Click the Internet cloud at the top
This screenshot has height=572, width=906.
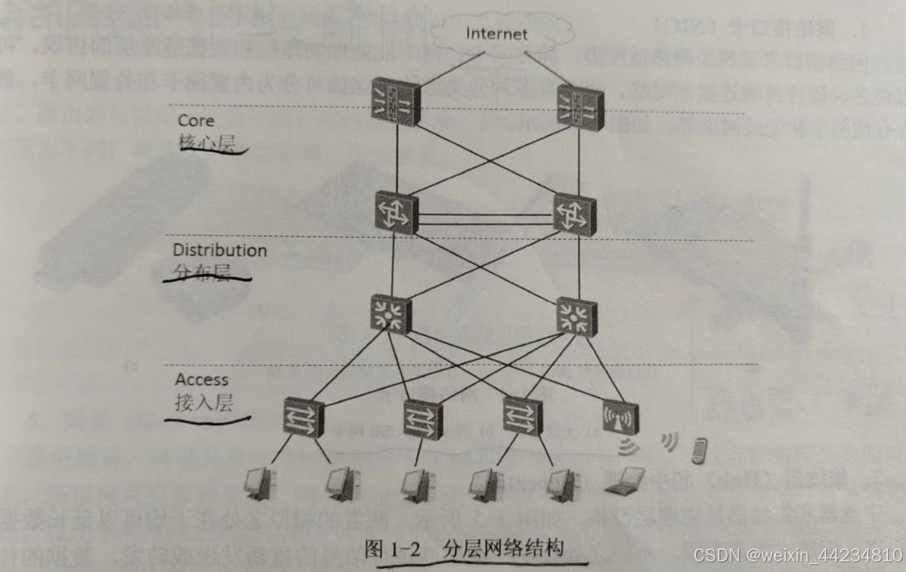pyautogui.click(x=497, y=34)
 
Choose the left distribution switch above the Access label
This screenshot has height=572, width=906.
pyautogui.click(x=392, y=314)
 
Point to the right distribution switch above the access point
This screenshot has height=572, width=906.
pyautogui.click(x=576, y=317)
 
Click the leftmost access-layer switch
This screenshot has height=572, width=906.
pyautogui.click(x=304, y=417)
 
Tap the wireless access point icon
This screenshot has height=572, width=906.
pyautogui.click(x=620, y=417)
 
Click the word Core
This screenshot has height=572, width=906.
pyautogui.click(x=196, y=120)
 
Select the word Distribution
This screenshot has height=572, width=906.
pyautogui.click(x=220, y=251)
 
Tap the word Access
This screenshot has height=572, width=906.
pyautogui.click(x=202, y=379)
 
